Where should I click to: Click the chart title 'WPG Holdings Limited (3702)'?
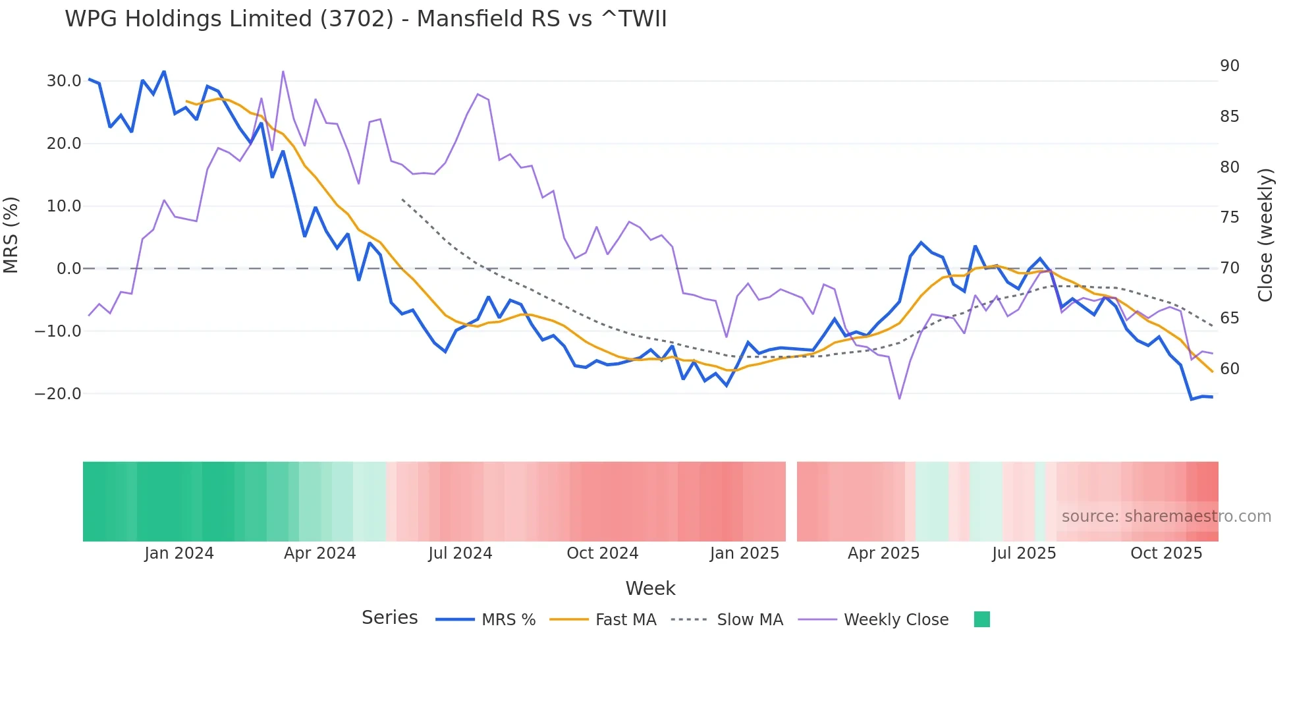[366, 19]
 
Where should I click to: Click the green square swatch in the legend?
[981, 619]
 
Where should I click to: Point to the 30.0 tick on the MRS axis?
[64, 81]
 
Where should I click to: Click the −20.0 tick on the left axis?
[58, 394]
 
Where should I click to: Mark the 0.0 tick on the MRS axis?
[69, 269]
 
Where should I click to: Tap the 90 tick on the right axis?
[1229, 66]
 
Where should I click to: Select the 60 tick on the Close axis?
[1229, 369]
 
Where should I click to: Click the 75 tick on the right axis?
[1229, 217]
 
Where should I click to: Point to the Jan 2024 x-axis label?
[179, 553]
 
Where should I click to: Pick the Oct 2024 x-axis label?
[602, 553]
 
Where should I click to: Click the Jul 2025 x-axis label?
[1024, 553]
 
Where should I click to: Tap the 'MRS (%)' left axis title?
[11, 235]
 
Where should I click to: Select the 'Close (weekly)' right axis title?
[1265, 235]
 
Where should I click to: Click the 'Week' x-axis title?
[650, 588]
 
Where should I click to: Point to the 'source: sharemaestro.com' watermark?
[1166, 517]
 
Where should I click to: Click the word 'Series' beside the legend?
[389, 618]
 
